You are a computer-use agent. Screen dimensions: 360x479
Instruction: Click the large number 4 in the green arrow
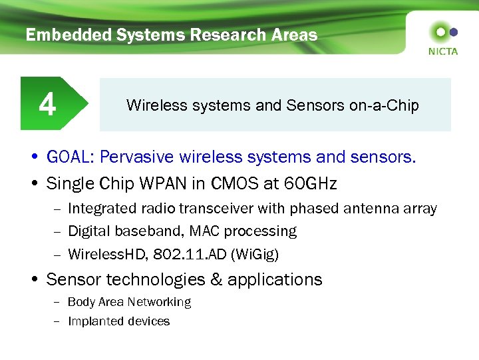coord(47,105)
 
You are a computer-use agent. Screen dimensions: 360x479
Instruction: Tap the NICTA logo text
coord(443,51)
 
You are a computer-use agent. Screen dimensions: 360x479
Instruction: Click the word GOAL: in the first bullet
coord(70,157)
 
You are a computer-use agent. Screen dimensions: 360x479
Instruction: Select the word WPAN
coord(183,183)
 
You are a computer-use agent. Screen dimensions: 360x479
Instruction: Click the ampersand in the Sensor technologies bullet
coord(216,280)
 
